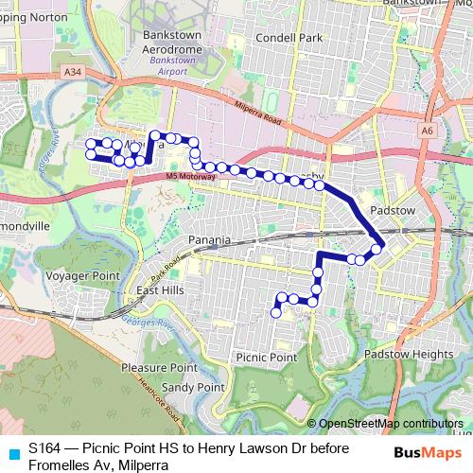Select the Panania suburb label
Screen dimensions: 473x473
209,240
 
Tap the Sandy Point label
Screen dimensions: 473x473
192,388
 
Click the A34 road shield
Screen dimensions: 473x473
74,72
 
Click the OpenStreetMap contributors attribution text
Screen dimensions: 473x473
390,424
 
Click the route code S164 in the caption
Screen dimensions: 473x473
45,447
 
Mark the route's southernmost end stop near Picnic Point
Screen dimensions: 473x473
276,312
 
